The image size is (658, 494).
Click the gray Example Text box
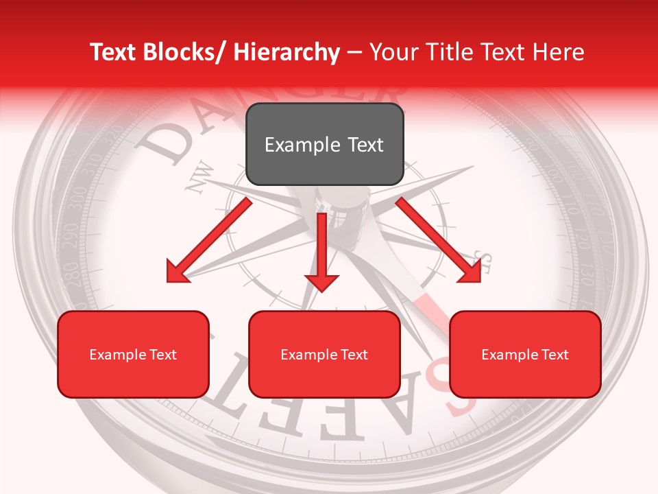[324, 145]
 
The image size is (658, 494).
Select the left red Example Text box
[133, 355]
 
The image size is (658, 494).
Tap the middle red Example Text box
[324, 355]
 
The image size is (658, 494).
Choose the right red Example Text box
[525, 355]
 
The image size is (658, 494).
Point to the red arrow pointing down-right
[439, 240]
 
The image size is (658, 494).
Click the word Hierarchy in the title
[287, 52]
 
